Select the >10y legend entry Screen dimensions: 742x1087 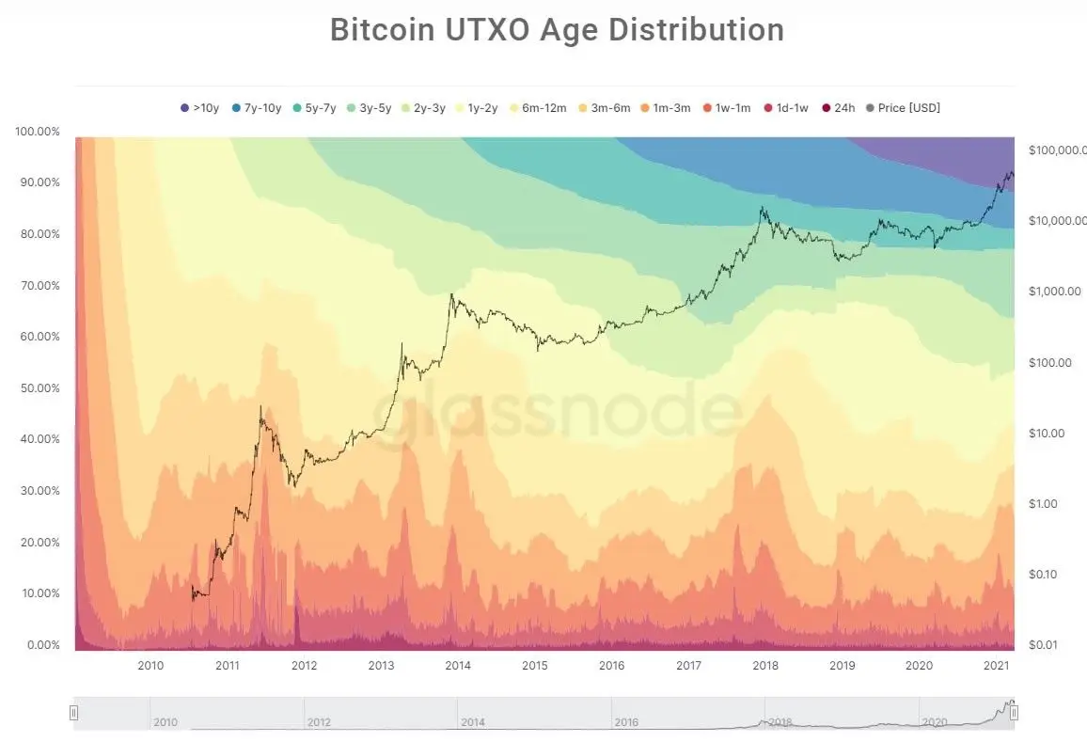pyautogui.click(x=199, y=107)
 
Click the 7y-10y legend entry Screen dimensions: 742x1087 pyautogui.click(x=256, y=107)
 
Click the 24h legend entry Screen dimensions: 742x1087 pyautogui.click(x=838, y=107)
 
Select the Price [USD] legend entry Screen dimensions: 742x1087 pyautogui.click(x=903, y=107)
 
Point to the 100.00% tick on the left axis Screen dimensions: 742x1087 pyautogui.click(x=38, y=131)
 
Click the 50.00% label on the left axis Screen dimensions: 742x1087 pyautogui.click(x=38, y=388)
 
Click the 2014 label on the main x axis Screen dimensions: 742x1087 pyautogui.click(x=458, y=666)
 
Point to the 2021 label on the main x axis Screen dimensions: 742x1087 pyautogui.click(x=996, y=666)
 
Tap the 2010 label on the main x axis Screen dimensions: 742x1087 pyautogui.click(x=150, y=666)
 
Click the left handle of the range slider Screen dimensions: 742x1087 pyautogui.click(x=74, y=714)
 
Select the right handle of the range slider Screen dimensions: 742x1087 pyautogui.click(x=1014, y=714)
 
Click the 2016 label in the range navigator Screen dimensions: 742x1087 pyautogui.click(x=626, y=722)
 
